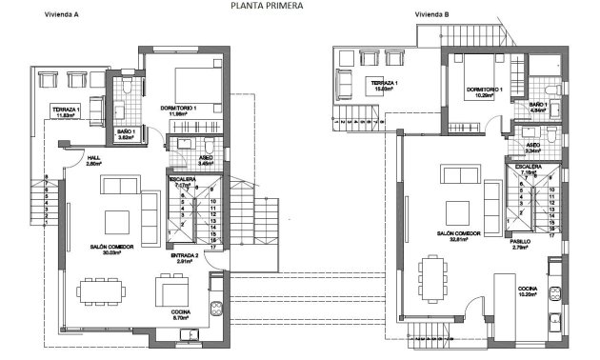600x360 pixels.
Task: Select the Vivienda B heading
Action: click(432, 15)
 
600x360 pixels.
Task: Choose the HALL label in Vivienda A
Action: click(93, 158)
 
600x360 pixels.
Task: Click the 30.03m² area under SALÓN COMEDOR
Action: click(116, 253)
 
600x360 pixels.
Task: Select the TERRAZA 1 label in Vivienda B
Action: click(383, 83)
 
